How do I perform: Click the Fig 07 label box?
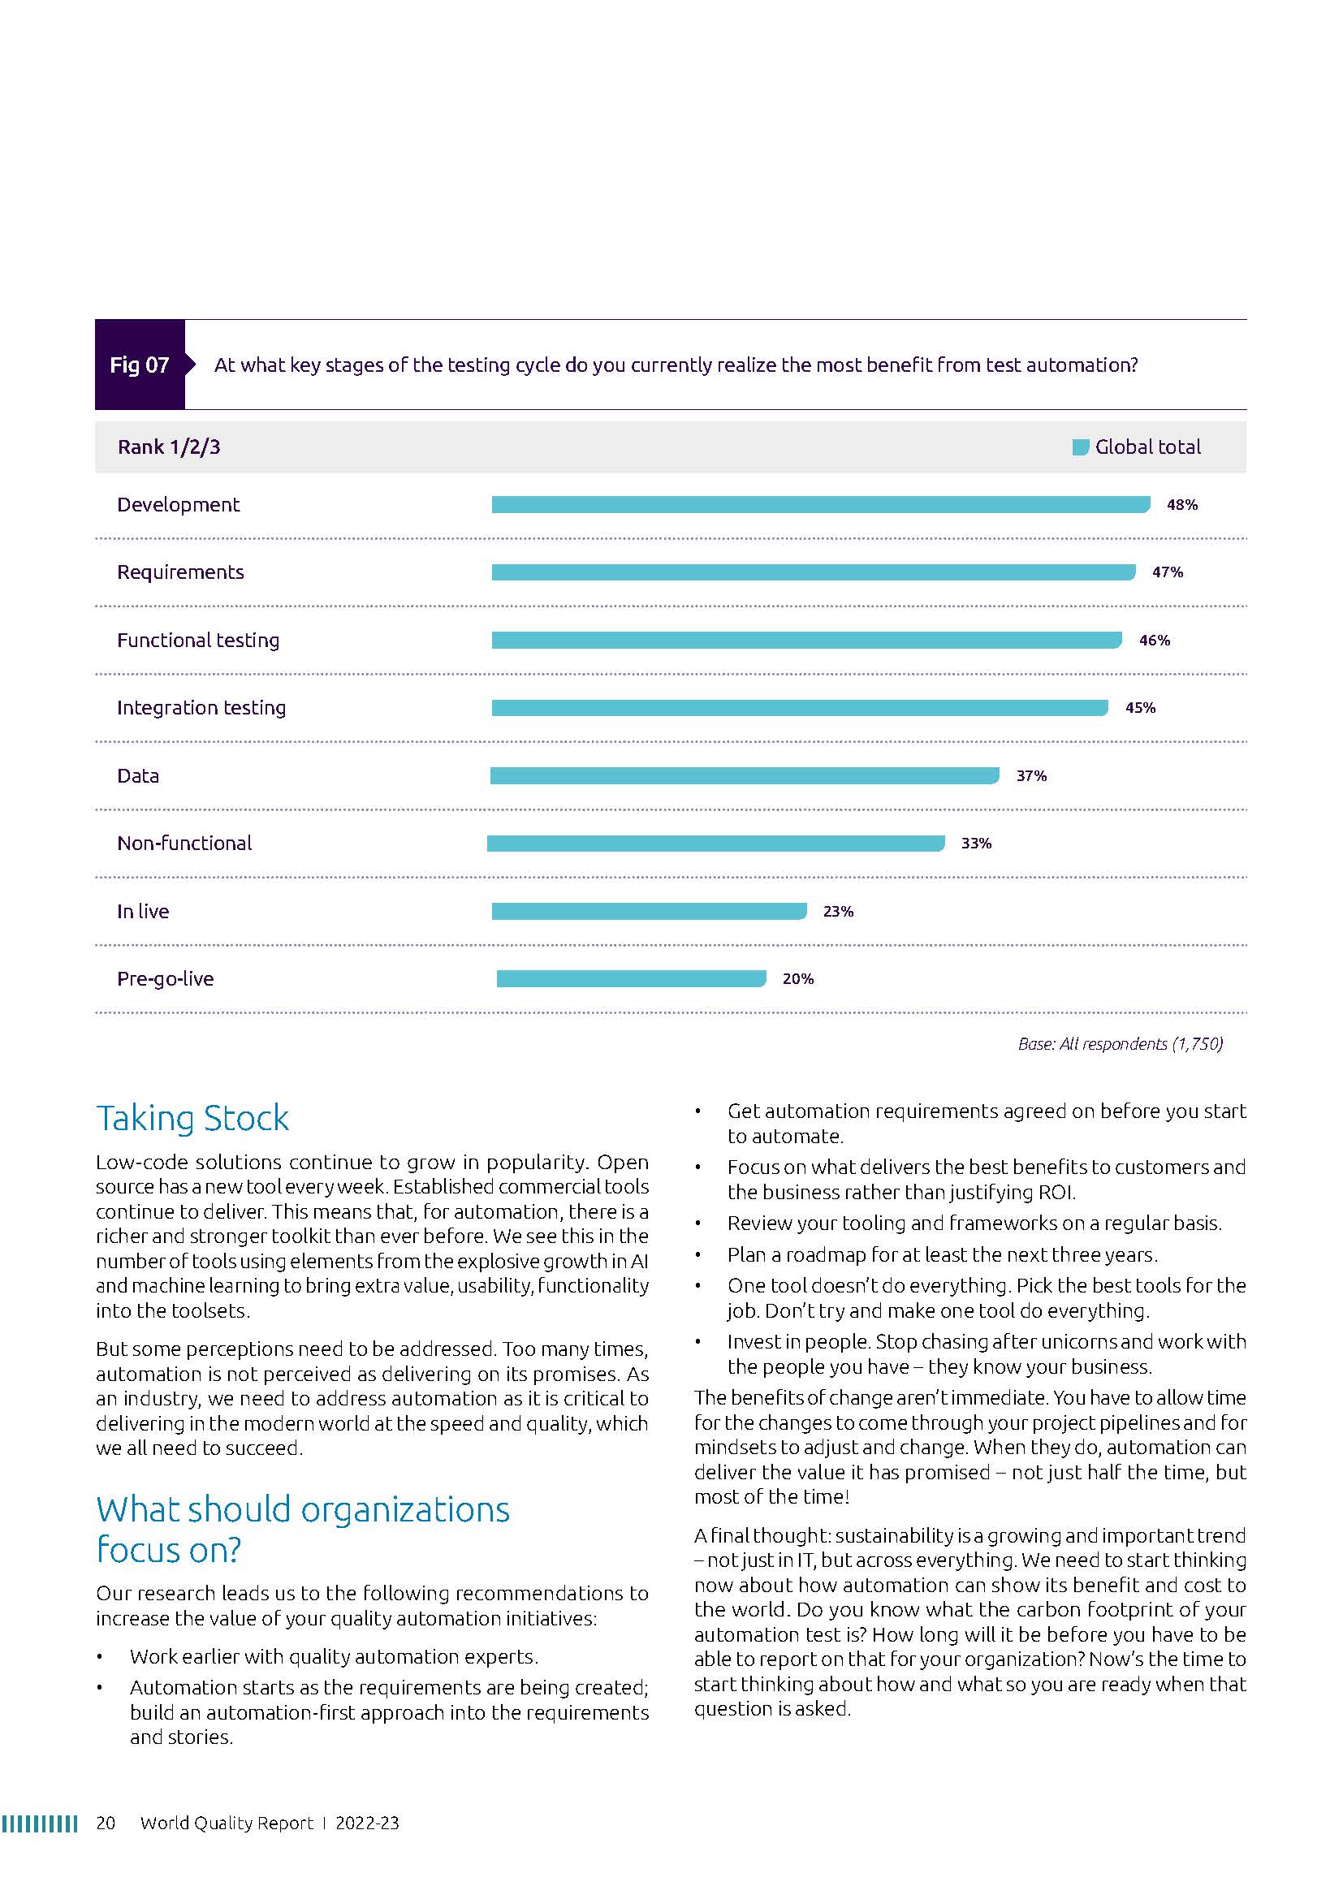140,365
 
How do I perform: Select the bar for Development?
819,504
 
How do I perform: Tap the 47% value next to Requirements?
1167,572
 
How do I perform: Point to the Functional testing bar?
806,640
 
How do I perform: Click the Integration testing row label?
201,708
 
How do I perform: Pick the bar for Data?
745,776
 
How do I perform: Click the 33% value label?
976,844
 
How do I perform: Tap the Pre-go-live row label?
166,979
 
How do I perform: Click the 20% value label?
798,979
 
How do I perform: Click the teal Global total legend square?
1080,447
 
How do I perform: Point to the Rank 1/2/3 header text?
169,447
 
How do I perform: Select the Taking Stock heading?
192,1118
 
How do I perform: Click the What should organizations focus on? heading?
303,1530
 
